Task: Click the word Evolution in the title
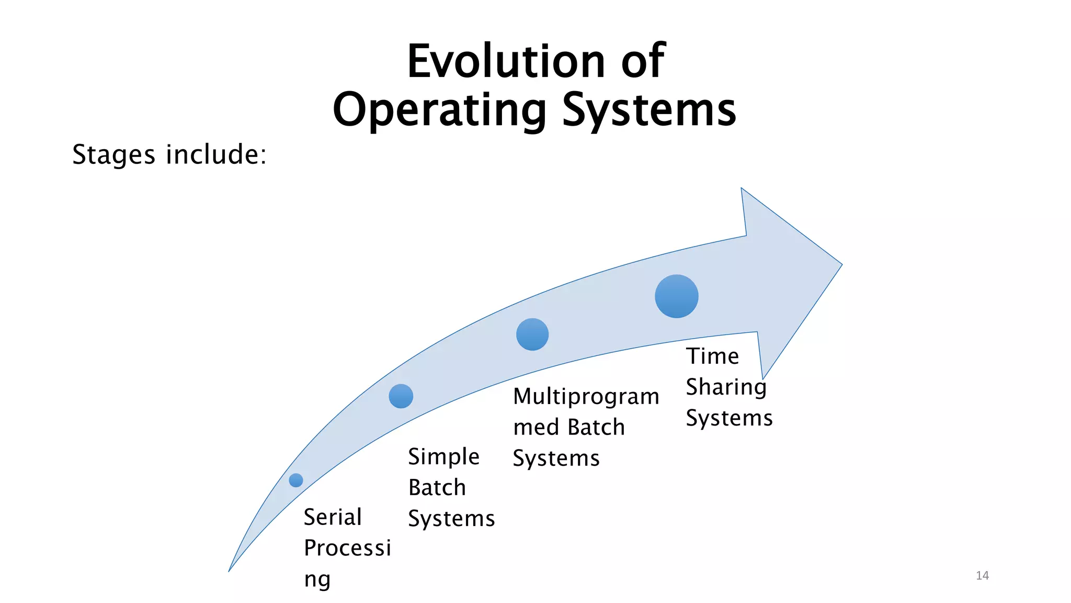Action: tap(506, 62)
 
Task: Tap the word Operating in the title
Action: tap(440, 110)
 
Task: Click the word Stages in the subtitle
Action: tap(113, 155)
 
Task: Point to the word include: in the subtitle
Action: tap(216, 154)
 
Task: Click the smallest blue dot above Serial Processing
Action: tap(296, 480)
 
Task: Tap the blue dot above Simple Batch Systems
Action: tap(401, 396)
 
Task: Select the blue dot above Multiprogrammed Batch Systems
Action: tap(532, 334)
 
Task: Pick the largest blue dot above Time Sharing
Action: tap(677, 296)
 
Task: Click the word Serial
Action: tap(333, 517)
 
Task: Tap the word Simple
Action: tap(443, 457)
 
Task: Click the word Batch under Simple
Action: tap(437, 488)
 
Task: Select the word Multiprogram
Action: tap(586, 397)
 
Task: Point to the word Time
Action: tap(712, 356)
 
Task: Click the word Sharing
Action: tap(726, 387)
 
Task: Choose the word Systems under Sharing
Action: tap(729, 418)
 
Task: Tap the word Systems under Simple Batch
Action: tap(451, 519)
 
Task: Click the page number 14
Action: tap(982, 576)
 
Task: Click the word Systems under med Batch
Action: tap(556, 459)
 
